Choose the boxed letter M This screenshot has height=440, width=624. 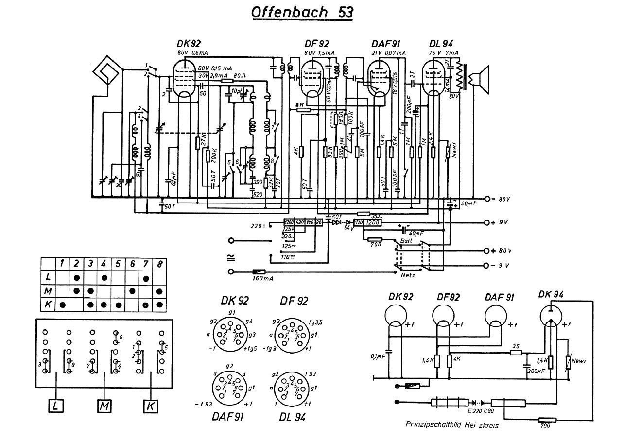(x=104, y=405)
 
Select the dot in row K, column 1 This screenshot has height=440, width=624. (x=62, y=305)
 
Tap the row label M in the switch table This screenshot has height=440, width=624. (x=49, y=291)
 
